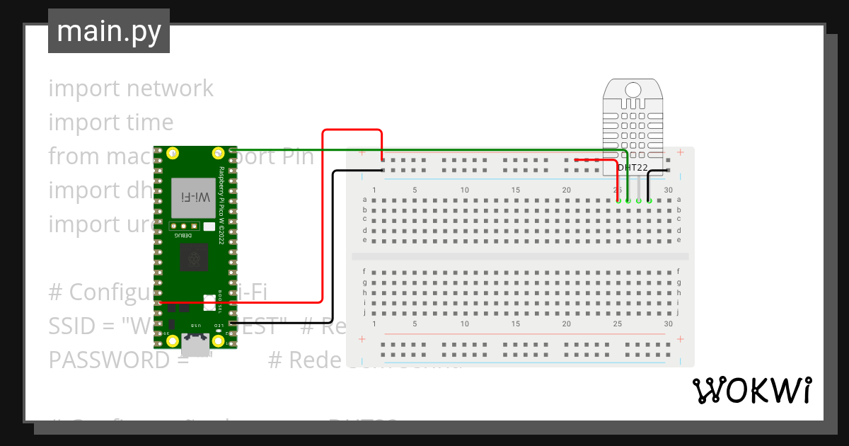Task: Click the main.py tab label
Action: [108, 31]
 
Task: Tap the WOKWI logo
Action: [751, 390]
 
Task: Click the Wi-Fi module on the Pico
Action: [193, 198]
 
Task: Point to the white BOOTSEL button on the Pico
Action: [209, 302]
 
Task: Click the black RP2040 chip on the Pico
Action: [193, 257]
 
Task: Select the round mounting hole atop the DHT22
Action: [633, 89]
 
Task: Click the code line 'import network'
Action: [131, 88]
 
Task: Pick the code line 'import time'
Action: [111, 122]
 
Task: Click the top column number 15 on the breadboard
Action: [516, 190]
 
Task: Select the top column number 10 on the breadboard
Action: [465, 190]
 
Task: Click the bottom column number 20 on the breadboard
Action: [566, 324]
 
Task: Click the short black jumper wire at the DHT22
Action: [658, 171]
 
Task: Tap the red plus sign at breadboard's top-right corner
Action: [680, 152]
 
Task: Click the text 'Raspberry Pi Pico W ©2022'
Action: [221, 205]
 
